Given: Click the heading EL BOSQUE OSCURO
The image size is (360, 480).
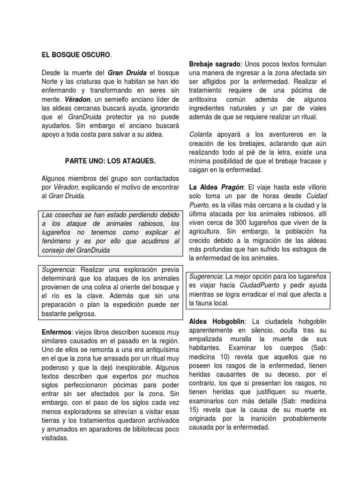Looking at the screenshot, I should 76,55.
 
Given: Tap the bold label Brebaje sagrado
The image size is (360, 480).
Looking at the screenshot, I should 215,64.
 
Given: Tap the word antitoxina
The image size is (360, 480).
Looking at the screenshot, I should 208,99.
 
